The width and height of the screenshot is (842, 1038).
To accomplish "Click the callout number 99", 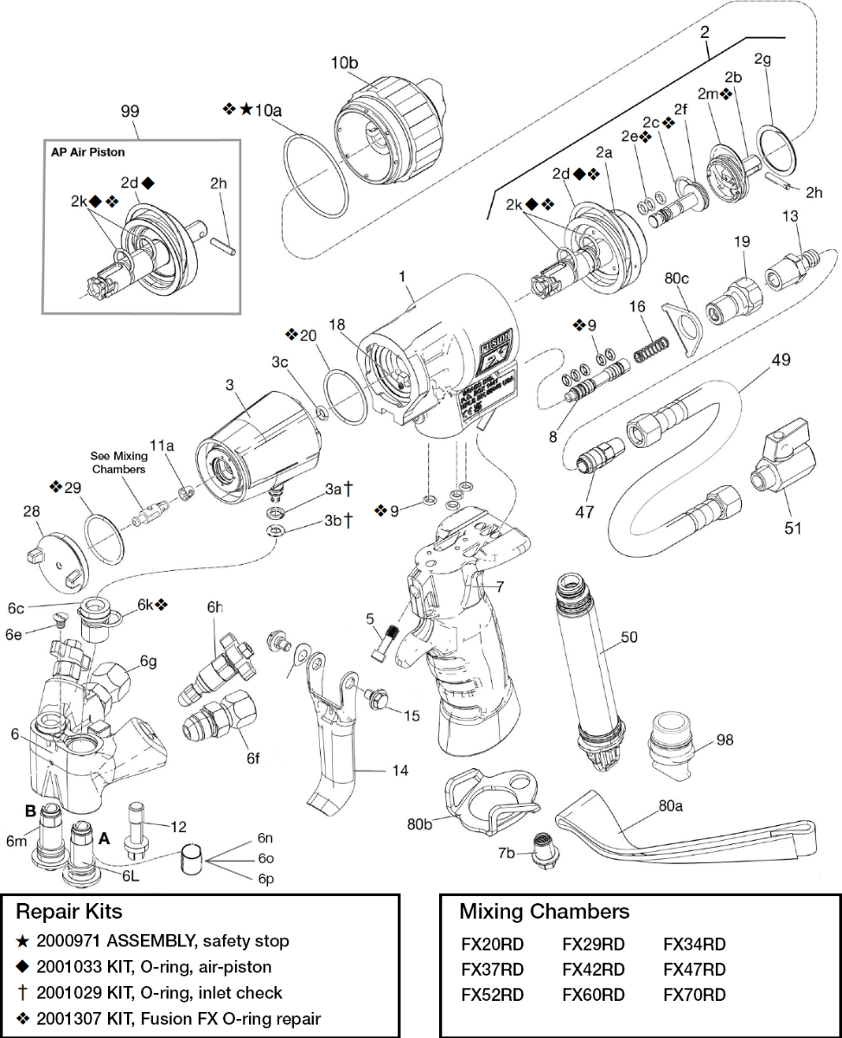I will tap(130, 112).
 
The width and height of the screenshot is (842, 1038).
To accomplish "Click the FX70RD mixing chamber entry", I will tap(693, 995).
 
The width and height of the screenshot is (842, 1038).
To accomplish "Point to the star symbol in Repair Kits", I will tap(23, 940).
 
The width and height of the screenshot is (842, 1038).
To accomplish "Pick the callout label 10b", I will tap(344, 63).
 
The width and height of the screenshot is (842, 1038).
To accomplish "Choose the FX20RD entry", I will tap(493, 944).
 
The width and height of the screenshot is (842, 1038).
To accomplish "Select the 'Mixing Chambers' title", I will tap(544, 911).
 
